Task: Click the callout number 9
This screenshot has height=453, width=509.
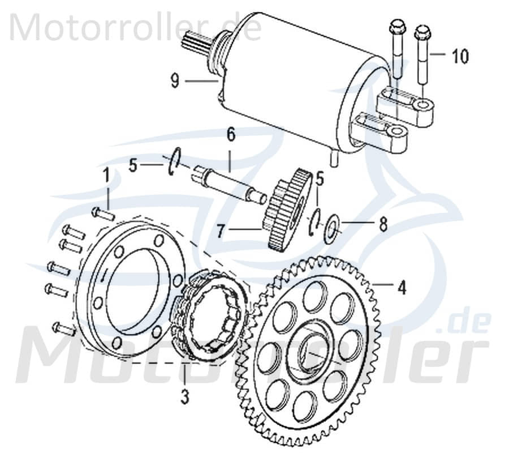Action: click(175, 82)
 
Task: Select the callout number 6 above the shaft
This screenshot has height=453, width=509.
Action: click(231, 135)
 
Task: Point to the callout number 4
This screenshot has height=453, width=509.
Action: click(402, 288)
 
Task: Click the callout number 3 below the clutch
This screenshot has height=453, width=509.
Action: click(184, 398)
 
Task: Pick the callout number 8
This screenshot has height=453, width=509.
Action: click(383, 225)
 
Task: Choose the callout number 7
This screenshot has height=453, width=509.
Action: click(222, 231)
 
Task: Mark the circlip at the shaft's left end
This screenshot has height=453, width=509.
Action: click(174, 159)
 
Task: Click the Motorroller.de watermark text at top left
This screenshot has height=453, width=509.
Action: click(136, 27)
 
